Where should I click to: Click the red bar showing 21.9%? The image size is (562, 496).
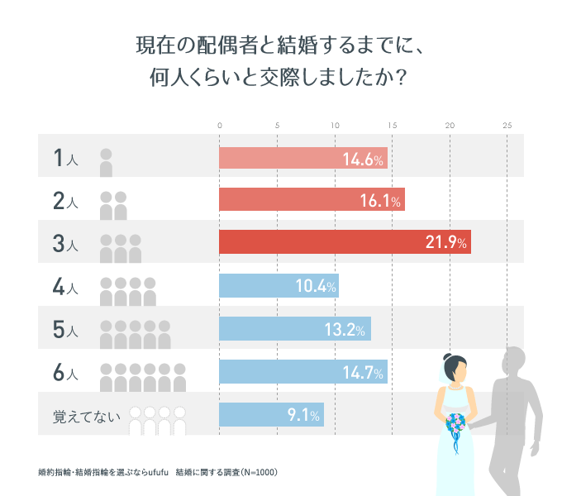click(345, 242)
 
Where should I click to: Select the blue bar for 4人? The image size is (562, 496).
click(279, 286)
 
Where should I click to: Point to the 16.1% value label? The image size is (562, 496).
click(380, 201)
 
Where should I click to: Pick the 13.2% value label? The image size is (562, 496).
click(345, 330)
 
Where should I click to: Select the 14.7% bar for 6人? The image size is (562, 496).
click(302, 372)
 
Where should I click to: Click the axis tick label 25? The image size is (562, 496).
click(507, 125)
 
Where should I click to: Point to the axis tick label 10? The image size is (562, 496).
click(335, 125)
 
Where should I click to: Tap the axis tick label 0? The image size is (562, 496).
click(220, 125)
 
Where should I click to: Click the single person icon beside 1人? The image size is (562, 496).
click(106, 163)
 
